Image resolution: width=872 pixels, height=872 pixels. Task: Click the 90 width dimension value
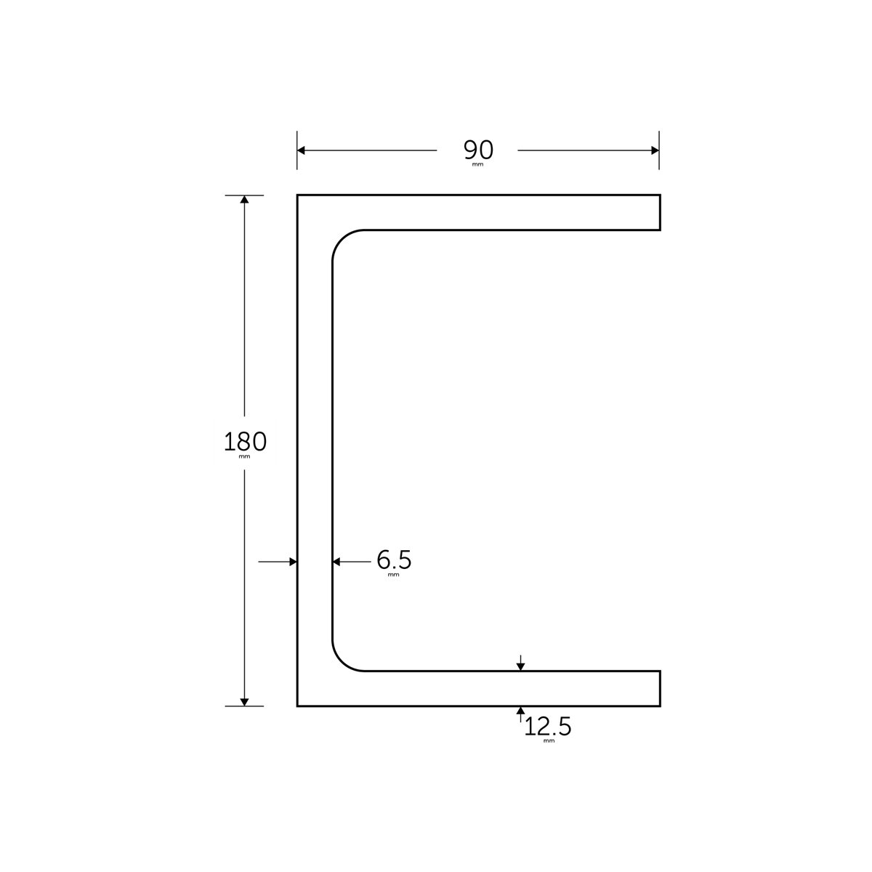[x=478, y=150]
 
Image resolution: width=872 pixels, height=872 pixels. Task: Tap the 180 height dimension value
[x=245, y=441]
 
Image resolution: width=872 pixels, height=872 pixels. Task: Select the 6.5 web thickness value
[x=394, y=560]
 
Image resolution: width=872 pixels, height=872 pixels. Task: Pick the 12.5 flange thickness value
[x=548, y=726]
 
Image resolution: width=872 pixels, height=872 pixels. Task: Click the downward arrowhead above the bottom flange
[x=520, y=666]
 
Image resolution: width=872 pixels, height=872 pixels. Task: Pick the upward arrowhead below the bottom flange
[x=520, y=710]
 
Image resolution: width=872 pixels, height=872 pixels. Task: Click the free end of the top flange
[x=659, y=212]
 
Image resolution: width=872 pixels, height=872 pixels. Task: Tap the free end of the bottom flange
[x=659, y=688]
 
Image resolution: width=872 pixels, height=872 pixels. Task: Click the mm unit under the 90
[x=477, y=165]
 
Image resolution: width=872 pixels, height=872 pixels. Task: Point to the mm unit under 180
[x=245, y=457]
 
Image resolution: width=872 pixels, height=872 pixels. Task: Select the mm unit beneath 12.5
[x=548, y=741]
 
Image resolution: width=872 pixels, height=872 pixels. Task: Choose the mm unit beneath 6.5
[x=394, y=575]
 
